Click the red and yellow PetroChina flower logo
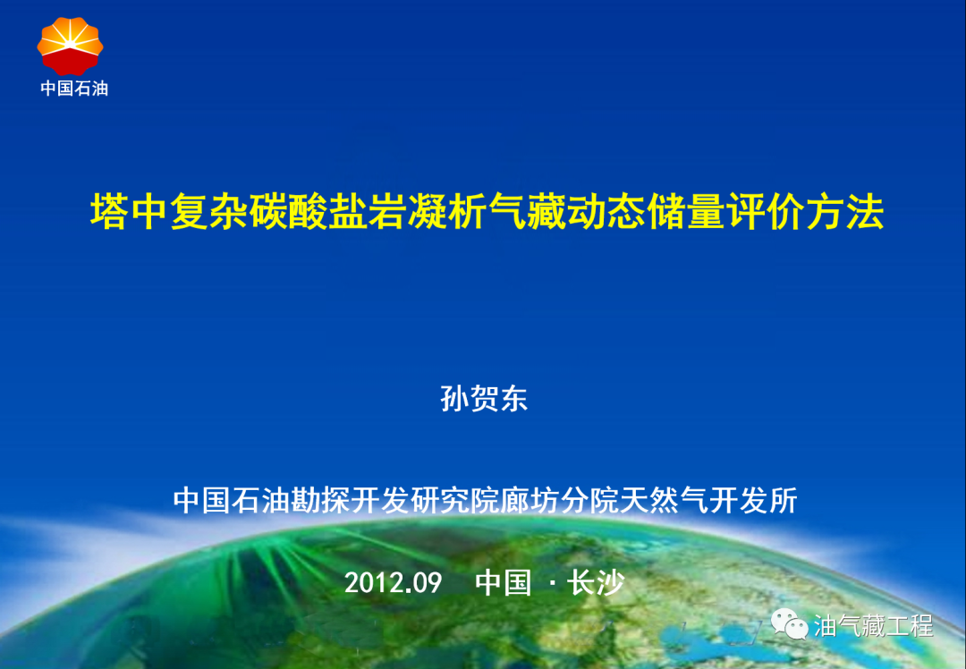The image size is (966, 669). coord(70,46)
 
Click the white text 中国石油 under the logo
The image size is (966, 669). coord(73,89)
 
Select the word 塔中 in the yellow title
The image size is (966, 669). coord(129,214)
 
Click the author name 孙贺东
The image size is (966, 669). coord(484,399)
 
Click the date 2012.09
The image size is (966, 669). coord(394,583)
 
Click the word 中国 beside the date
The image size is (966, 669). coord(503,583)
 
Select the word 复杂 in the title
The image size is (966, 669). coord(208,214)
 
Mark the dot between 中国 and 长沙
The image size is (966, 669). coord(550,584)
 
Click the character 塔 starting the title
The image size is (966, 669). coord(109,214)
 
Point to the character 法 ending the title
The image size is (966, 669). coord(865,214)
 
